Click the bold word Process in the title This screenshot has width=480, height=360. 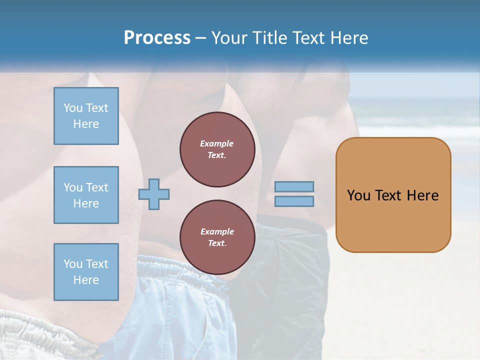click(x=157, y=38)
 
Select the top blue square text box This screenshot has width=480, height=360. click(x=86, y=116)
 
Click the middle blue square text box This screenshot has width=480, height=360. click(x=86, y=195)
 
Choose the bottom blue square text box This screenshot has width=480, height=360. click(x=86, y=272)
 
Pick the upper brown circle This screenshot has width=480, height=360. click(x=217, y=149)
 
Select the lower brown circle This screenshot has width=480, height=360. click(x=217, y=237)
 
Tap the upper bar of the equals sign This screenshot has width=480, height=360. click(x=294, y=187)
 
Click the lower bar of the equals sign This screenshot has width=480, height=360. click(x=294, y=201)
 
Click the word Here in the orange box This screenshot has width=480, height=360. click(x=422, y=195)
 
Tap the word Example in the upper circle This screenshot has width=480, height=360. click(x=217, y=144)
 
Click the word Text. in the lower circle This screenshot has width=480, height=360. click(x=217, y=243)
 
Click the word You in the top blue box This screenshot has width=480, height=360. click(x=73, y=108)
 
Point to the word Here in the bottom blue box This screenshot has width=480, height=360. click(x=86, y=280)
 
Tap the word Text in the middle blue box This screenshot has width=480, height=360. click(x=97, y=187)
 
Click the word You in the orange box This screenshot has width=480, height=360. click(x=359, y=195)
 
